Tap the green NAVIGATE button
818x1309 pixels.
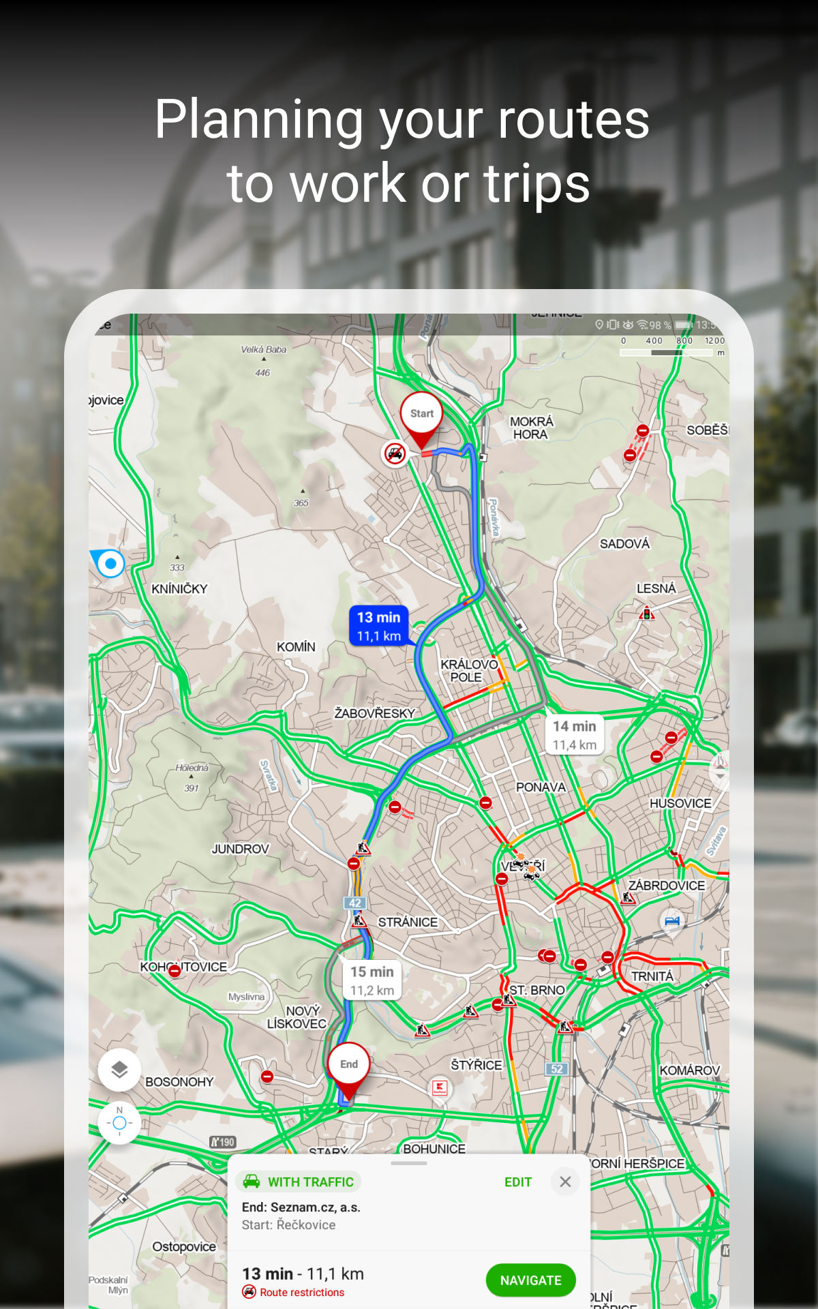click(x=530, y=1280)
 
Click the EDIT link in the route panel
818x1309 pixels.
click(x=517, y=1182)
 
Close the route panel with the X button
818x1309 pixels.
click(x=565, y=1182)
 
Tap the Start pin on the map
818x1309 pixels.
click(x=421, y=414)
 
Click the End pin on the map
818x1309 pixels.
click(x=349, y=1064)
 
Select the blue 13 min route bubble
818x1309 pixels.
click(x=379, y=626)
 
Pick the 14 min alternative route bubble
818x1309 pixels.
click(x=574, y=735)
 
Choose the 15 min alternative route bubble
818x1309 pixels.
click(x=372, y=980)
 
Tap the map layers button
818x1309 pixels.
click(x=119, y=1069)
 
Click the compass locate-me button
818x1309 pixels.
click(x=119, y=1123)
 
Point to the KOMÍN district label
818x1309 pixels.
click(x=296, y=646)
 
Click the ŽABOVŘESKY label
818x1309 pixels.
click(x=374, y=713)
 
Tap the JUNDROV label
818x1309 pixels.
click(x=240, y=849)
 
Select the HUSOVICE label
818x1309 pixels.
click(x=680, y=803)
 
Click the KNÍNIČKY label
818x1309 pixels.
click(x=179, y=588)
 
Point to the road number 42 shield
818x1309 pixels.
click(x=355, y=903)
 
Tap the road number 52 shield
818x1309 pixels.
click(x=557, y=1068)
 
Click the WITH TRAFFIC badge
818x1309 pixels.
click(x=299, y=1182)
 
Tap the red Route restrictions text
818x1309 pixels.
click(x=302, y=1293)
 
